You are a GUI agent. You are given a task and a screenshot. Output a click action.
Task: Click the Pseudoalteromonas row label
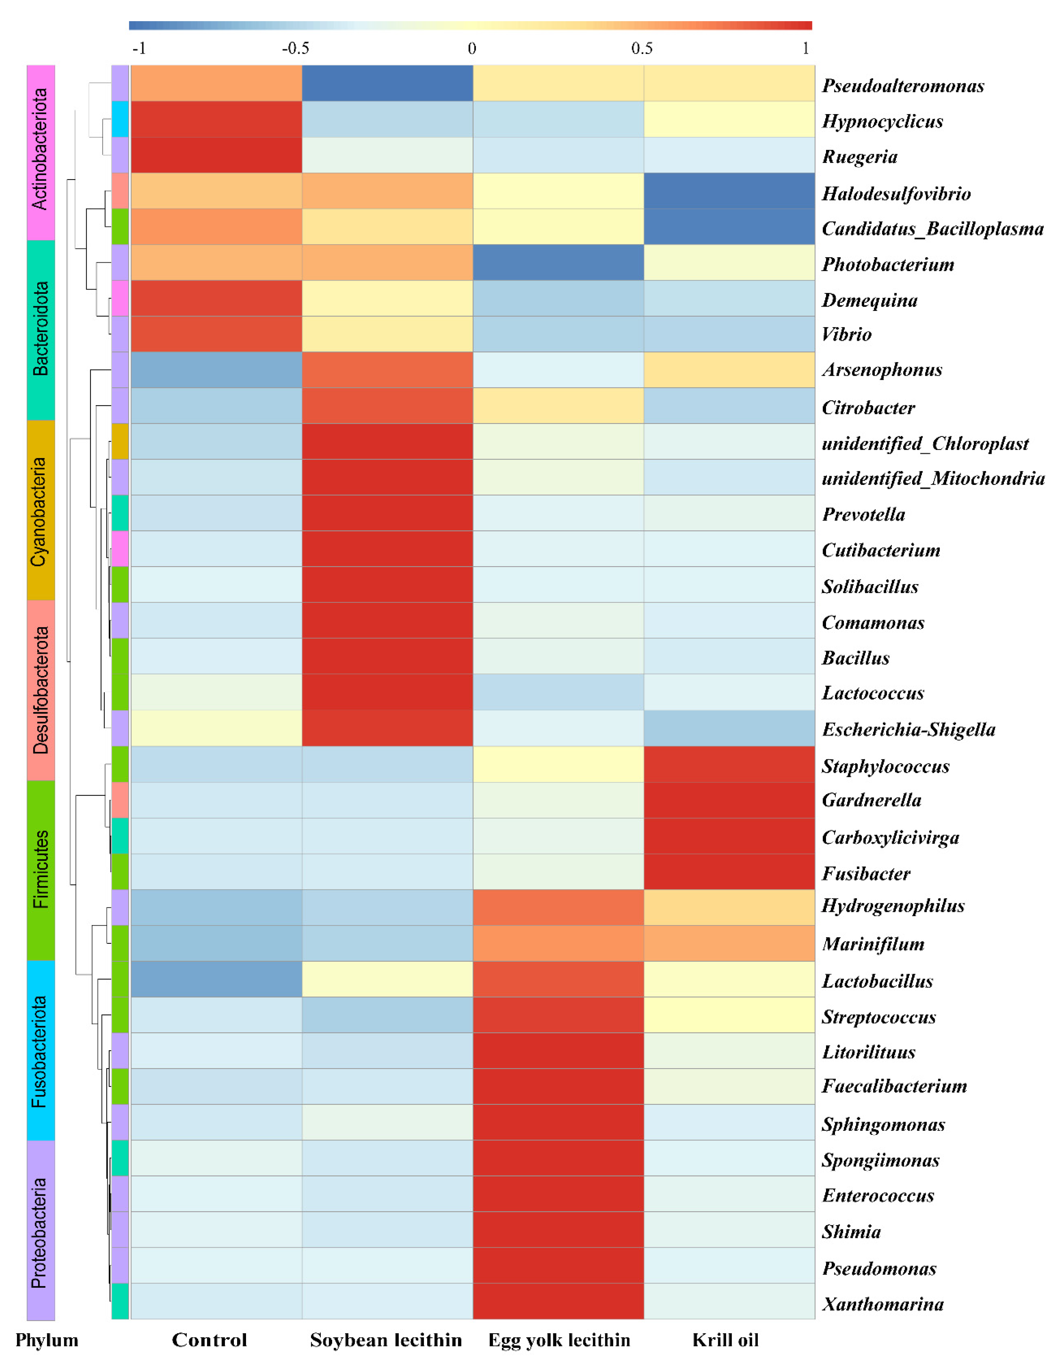coord(903,85)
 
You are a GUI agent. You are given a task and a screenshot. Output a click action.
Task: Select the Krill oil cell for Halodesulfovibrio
coord(729,191)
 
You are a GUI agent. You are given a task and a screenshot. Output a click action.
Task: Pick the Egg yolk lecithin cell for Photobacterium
coord(558,262)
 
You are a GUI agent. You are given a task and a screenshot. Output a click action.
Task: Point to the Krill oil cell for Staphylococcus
coord(729,764)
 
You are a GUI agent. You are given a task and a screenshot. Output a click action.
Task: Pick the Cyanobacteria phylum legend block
coord(41,510)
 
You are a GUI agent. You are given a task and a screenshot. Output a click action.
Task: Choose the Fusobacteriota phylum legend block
coord(41,1050)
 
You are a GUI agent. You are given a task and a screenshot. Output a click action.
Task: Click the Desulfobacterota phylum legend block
coord(41,690)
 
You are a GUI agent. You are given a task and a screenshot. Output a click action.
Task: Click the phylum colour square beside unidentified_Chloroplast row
coord(120,441)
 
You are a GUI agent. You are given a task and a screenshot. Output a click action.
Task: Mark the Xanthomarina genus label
coord(882,1304)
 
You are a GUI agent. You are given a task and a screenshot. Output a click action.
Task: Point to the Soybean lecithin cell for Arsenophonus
coord(387,370)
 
